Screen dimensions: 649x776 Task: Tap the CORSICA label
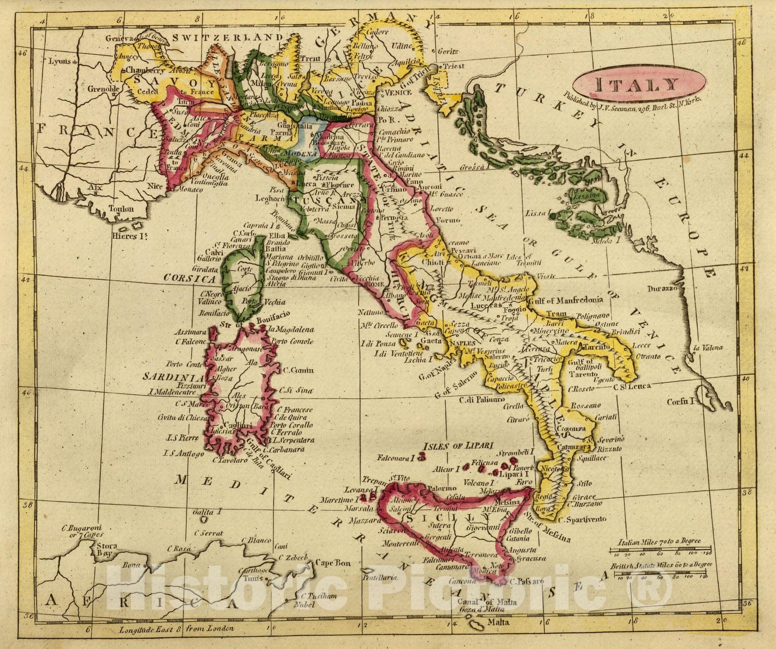pyautogui.click(x=189, y=279)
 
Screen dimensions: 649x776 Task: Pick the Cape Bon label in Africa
pyautogui.click(x=332, y=563)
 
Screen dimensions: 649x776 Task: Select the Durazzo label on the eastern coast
pyautogui.click(x=663, y=289)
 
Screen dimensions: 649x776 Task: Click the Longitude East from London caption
pyautogui.click(x=177, y=629)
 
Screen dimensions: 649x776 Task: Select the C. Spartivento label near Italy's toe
pyautogui.click(x=582, y=519)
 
